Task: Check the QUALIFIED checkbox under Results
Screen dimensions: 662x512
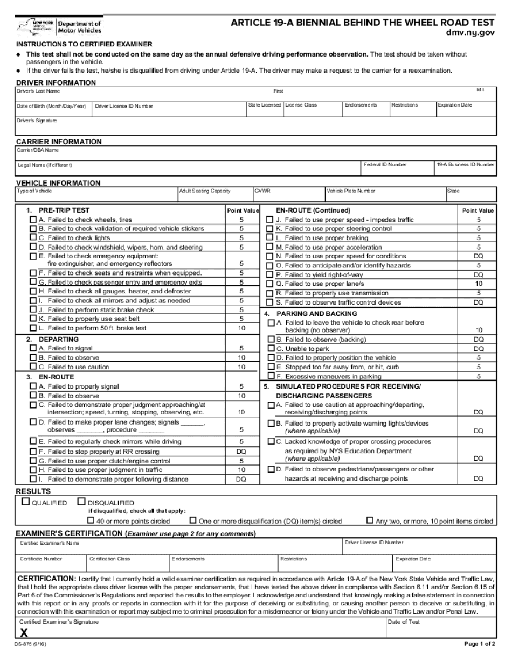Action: click(25, 502)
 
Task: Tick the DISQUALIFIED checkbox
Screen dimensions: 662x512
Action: click(81, 502)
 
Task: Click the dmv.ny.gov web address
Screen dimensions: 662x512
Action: click(469, 32)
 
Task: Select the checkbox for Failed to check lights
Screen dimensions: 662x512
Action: click(33, 238)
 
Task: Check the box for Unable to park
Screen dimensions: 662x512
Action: click(271, 349)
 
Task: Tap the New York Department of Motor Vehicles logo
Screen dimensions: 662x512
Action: click(59, 27)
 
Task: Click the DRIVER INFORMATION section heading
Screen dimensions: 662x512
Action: click(56, 83)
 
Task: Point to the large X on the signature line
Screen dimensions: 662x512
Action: click(24, 632)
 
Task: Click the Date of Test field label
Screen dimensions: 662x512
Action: click(404, 622)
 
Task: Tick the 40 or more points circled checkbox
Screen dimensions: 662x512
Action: click(91, 520)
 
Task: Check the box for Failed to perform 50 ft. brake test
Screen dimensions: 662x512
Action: click(33, 328)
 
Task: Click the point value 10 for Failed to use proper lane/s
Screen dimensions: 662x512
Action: click(478, 284)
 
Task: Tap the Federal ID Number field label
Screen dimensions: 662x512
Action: click(385, 164)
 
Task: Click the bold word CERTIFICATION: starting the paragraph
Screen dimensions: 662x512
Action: click(47, 578)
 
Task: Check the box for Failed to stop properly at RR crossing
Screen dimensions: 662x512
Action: click(33, 452)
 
